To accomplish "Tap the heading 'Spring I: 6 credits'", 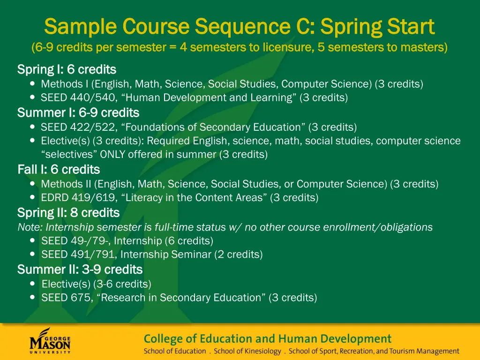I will [67, 70].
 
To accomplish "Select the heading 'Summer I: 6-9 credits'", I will [78, 113].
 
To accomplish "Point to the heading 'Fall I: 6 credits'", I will [59, 169].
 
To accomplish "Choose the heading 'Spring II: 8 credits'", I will [68, 213].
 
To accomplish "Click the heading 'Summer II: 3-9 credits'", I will [80, 270].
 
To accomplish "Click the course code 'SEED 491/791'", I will [68, 255].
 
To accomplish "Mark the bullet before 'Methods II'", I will [32, 184].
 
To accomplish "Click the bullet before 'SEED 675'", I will [32, 297].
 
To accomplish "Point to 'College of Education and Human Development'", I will [267, 338].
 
